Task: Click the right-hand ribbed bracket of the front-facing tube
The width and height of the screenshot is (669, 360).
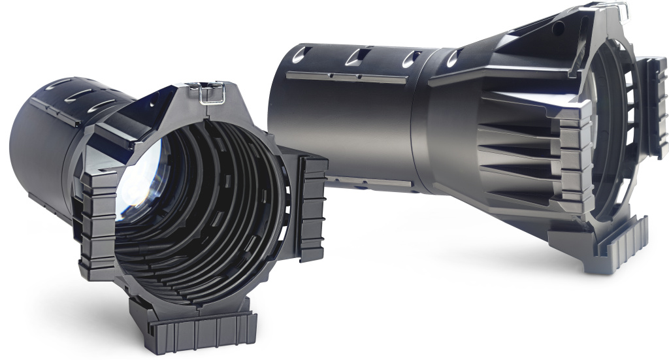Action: click(x=312, y=206)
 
